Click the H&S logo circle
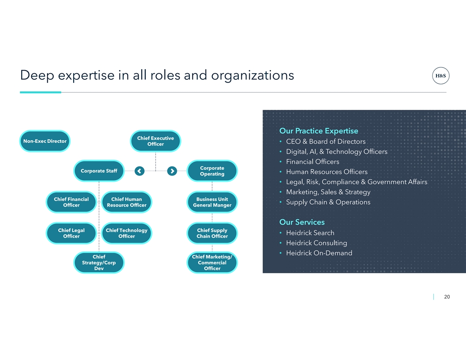tap(440, 75)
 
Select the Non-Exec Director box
tap(45, 141)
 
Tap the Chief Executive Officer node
tap(155, 141)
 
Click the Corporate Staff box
tap(99, 171)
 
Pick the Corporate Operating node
tap(212, 171)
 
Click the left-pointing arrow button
tap(139, 171)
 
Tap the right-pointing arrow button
tap(172, 171)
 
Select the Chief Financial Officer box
tap(71, 202)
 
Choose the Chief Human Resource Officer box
tap(127, 202)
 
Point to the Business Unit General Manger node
tap(212, 202)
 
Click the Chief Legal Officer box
tap(71, 233)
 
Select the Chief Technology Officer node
tap(127, 233)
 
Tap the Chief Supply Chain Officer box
tap(212, 233)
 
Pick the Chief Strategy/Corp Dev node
tap(99, 262)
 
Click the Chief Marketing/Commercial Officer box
tap(212, 262)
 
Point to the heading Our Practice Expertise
tap(319, 131)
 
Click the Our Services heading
tap(302, 222)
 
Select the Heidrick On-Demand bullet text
tap(319, 253)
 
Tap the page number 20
tap(447, 297)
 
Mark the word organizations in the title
tap(252, 75)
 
